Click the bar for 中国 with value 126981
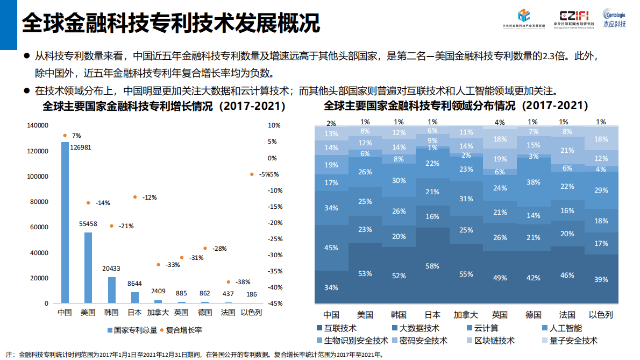pyautogui.click(x=65, y=222)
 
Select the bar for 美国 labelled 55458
pyautogui.click(x=88, y=267)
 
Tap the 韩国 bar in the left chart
pyautogui.click(x=112, y=290)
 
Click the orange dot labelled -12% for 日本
pyautogui.click(x=135, y=197)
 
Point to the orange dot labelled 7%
pyautogui.click(x=65, y=136)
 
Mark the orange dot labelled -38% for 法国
pyautogui.click(x=229, y=282)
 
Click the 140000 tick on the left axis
pyautogui.click(x=38, y=125)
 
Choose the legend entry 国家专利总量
pyautogui.click(x=132, y=330)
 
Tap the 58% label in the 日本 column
pyautogui.click(x=432, y=266)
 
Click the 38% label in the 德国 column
pyautogui.click(x=533, y=182)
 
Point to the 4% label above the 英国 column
pyautogui.click(x=500, y=123)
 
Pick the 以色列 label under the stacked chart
pyautogui.click(x=601, y=315)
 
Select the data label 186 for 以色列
pyautogui.click(x=252, y=294)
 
